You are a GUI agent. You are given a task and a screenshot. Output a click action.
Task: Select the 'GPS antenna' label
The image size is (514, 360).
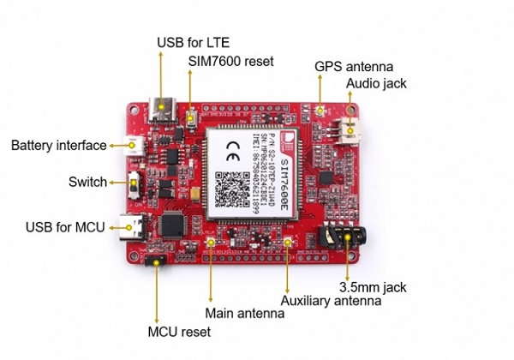pyautogui.click(x=353, y=65)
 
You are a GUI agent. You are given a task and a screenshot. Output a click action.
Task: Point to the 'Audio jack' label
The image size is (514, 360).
pyautogui.click(x=376, y=83)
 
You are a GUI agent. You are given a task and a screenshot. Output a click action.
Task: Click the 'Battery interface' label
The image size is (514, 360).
pyautogui.click(x=59, y=146)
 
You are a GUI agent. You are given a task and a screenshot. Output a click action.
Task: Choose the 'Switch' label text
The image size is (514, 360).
pyautogui.click(x=87, y=182)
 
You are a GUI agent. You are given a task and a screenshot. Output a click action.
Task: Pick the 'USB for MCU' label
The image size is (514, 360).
pyautogui.click(x=65, y=227)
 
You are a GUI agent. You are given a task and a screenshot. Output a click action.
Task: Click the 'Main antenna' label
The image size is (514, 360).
pyautogui.click(x=244, y=314)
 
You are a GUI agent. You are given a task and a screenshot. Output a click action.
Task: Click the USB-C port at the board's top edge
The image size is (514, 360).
pyautogui.click(x=161, y=109)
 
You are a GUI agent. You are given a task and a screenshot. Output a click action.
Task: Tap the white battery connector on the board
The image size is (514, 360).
pyautogui.click(x=135, y=146)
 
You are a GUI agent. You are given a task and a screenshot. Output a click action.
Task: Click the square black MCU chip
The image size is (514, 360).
pyautogui.click(x=174, y=222)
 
